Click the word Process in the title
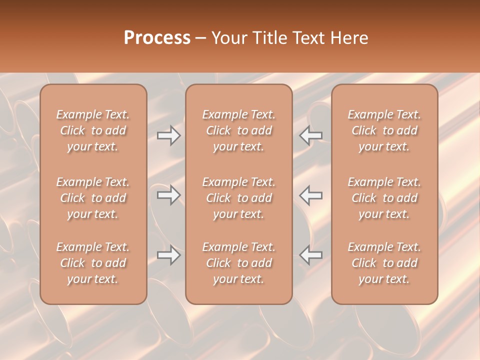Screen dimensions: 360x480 (x=157, y=38)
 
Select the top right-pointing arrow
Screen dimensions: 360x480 (x=169, y=135)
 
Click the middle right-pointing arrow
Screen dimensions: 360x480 (x=169, y=195)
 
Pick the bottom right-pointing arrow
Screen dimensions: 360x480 (x=169, y=255)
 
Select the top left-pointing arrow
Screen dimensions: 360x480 (x=310, y=135)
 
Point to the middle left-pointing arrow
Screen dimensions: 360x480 (x=310, y=195)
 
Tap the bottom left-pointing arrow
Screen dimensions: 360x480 (x=310, y=255)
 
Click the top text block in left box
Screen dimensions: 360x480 (x=93, y=130)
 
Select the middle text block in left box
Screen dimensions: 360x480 (x=93, y=198)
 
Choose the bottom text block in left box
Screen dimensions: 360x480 (x=93, y=263)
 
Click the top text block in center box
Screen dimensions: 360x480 (x=238, y=130)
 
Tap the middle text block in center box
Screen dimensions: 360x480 (x=238, y=198)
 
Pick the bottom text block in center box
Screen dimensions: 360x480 (x=238, y=263)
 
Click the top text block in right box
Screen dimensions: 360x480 (x=384, y=130)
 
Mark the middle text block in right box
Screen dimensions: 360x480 (x=384, y=198)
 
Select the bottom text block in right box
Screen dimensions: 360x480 (x=384, y=263)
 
